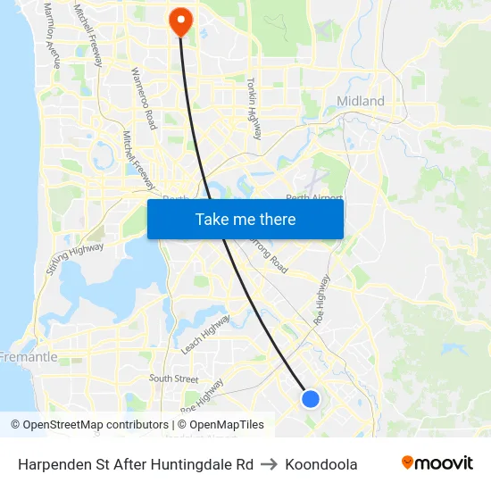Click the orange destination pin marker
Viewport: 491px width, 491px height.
click(x=180, y=21)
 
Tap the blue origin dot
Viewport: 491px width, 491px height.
click(x=311, y=399)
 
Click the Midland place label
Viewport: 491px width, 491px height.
click(x=361, y=101)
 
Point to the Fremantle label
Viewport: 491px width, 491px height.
click(x=29, y=357)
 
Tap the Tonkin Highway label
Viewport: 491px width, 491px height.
click(x=254, y=107)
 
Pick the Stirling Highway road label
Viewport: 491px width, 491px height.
click(x=74, y=258)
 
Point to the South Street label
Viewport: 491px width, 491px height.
click(x=173, y=379)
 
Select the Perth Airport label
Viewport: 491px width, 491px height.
click(x=314, y=198)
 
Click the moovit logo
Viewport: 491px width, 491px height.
click(x=437, y=463)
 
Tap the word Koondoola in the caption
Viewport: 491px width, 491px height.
click(x=321, y=464)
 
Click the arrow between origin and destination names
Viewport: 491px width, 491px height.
click(x=269, y=464)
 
